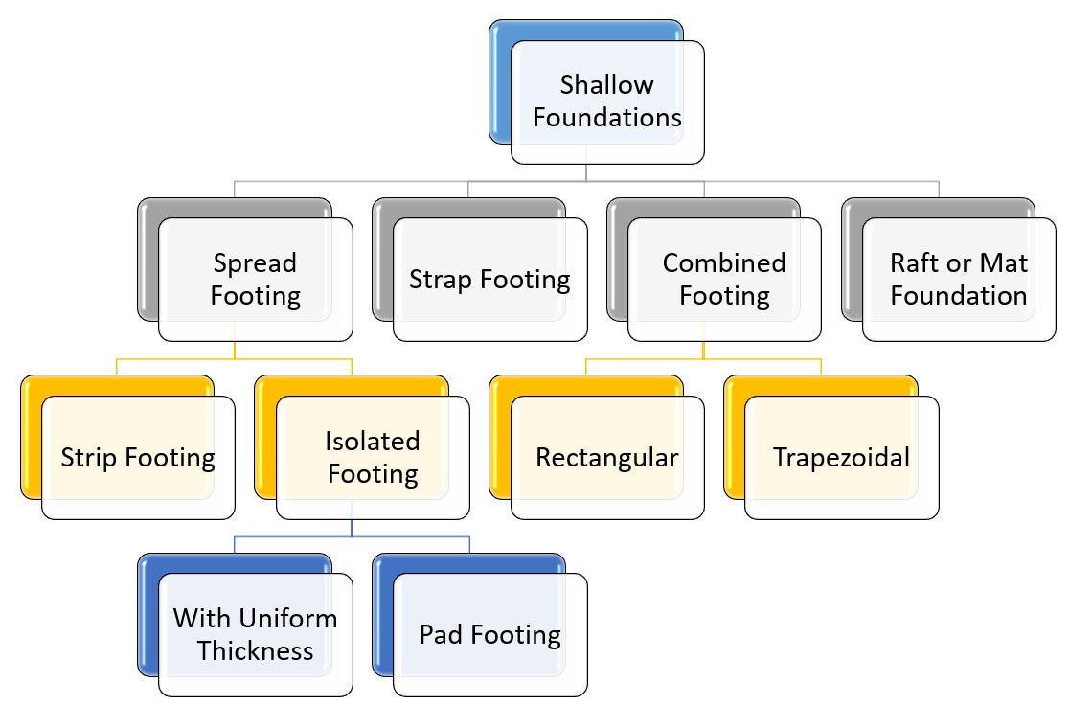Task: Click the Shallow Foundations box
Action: click(x=607, y=102)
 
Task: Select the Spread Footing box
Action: click(x=255, y=280)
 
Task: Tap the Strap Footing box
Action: click(x=489, y=280)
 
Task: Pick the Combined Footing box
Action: click(x=724, y=280)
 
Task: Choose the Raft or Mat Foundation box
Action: click(x=959, y=280)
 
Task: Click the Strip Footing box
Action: click(x=138, y=457)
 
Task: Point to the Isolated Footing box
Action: click(x=373, y=457)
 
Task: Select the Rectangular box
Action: click(x=607, y=457)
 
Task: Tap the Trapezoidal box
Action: click(x=842, y=457)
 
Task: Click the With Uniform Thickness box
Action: click(x=255, y=634)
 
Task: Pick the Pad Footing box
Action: click(x=489, y=634)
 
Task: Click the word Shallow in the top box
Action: click(x=606, y=85)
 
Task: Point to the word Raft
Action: click(x=918, y=263)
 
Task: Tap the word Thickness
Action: click(x=255, y=651)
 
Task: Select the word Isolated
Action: click(x=372, y=441)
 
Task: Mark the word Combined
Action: click(x=724, y=263)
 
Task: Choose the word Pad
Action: click(x=441, y=634)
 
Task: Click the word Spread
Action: click(x=255, y=263)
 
